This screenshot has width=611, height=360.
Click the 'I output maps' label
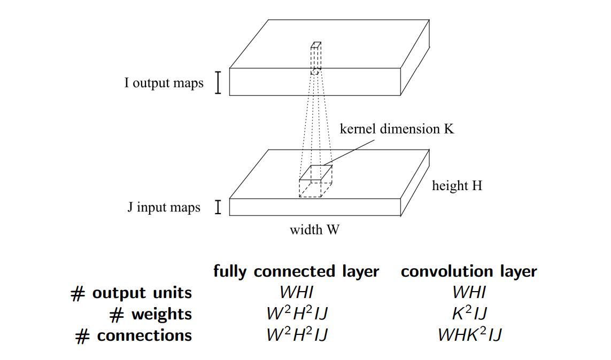[164, 83]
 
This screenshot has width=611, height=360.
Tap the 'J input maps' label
[164, 207]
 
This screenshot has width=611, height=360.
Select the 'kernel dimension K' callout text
[397, 129]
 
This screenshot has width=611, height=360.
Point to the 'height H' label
[457, 186]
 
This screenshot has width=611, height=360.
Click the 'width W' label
[314, 230]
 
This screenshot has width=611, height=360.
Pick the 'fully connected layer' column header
[296, 271]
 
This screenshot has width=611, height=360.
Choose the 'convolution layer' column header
[469, 271]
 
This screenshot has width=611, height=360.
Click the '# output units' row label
[131, 293]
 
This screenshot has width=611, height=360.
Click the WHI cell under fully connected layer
[296, 293]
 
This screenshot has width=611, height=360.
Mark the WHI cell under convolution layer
[469, 293]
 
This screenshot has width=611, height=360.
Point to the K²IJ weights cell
[469, 314]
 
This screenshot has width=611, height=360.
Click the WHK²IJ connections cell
[469, 335]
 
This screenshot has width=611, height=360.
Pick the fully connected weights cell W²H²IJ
[296, 314]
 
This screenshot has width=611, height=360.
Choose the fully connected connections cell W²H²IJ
[296, 335]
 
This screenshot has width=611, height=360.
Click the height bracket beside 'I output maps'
[218, 83]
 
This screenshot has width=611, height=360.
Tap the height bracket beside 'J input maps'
[218, 207]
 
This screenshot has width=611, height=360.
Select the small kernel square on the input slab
[316, 173]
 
